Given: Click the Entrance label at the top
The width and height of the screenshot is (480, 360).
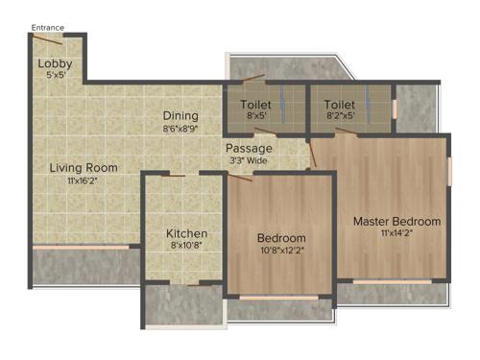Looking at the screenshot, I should click(48, 28).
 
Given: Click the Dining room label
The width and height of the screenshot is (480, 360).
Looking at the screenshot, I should click(180, 114).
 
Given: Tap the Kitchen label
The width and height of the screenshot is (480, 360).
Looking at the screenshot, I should click(186, 232).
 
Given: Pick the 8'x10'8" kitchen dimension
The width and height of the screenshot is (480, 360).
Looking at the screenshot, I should click(186, 245).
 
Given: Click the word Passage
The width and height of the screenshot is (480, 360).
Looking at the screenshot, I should click(249, 149).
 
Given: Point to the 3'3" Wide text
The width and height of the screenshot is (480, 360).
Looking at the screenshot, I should click(249, 160).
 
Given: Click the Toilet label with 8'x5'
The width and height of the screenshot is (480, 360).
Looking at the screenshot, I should click(256, 104).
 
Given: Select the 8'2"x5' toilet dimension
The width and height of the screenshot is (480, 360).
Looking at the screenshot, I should click(341, 116).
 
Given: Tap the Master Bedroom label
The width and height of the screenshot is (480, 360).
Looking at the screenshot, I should click(396, 221).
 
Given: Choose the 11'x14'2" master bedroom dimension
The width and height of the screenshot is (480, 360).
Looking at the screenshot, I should click(396, 233).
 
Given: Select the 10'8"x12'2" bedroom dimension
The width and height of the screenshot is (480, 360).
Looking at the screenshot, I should click(281, 251).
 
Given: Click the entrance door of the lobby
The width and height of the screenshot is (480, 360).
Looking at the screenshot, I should click(47, 39).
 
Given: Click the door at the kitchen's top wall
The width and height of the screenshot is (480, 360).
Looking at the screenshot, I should click(173, 175).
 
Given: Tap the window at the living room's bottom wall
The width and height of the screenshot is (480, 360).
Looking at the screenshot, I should click(82, 248).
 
